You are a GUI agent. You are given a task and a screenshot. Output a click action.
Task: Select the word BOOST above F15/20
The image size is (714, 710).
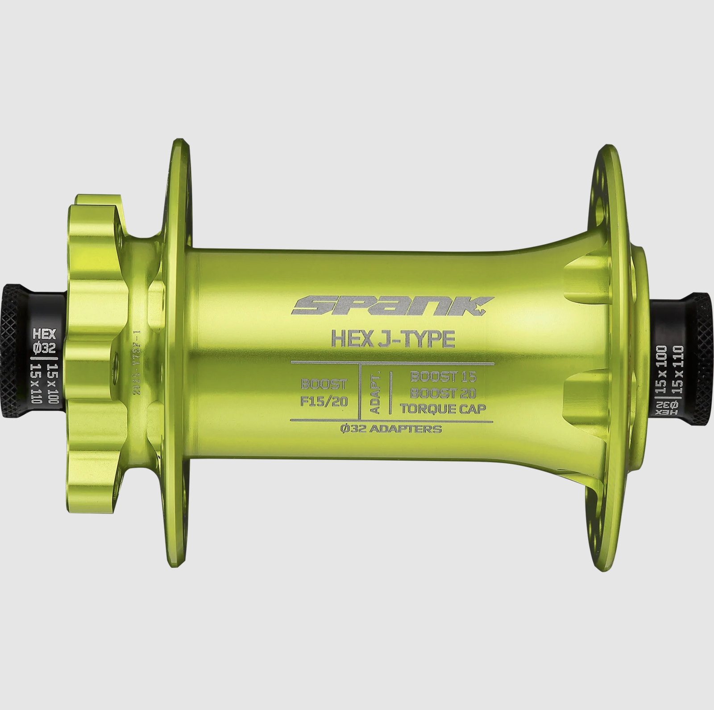point(324,384)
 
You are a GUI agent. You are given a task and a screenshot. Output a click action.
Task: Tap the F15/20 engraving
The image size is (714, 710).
point(324,401)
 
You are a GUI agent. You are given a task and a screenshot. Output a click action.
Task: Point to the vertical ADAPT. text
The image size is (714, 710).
point(375,391)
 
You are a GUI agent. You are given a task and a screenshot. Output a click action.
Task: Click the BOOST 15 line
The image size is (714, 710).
point(443,376)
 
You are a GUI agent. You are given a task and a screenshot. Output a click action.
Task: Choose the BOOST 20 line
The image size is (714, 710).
point(443,393)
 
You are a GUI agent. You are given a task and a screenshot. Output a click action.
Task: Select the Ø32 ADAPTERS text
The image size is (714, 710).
point(390,429)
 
